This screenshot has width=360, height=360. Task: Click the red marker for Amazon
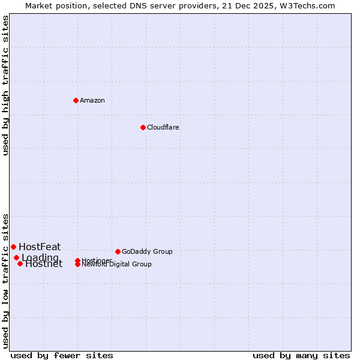[x=76, y=100]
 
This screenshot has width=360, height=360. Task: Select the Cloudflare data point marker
[x=143, y=127]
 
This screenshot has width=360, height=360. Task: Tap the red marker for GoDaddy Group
[x=118, y=251]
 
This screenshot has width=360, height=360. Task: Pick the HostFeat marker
[x=13, y=247]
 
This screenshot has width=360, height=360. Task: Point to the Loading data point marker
[x=16, y=257]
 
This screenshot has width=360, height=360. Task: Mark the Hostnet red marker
[x=20, y=263]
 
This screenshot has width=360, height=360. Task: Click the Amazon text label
[x=92, y=100]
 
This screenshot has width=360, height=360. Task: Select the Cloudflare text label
[x=163, y=127]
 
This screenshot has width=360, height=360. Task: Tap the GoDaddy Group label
[x=147, y=251]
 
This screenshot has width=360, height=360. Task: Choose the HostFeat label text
[x=40, y=247]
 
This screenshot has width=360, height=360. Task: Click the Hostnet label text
[x=44, y=264]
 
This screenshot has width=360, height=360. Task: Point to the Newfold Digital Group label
[x=117, y=265]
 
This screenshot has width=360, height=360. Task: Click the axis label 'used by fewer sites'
[x=62, y=355]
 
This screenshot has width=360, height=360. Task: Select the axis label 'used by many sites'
[x=301, y=355]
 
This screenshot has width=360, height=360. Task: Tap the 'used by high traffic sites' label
[x=6, y=85]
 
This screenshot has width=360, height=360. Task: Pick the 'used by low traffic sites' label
[x=6, y=281]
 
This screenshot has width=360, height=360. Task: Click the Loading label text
[x=40, y=257]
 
